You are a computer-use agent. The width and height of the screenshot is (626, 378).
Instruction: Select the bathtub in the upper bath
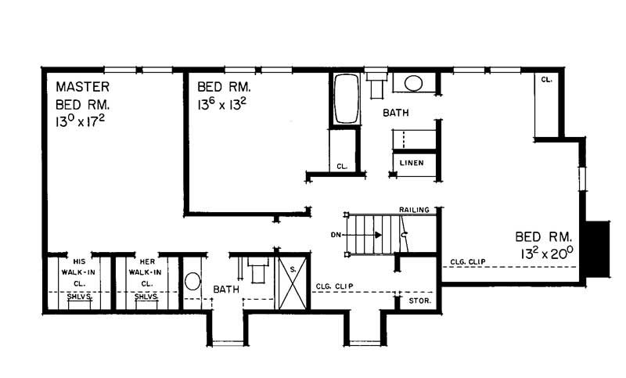(346, 99)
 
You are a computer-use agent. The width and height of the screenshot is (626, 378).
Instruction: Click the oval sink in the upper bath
(412, 83)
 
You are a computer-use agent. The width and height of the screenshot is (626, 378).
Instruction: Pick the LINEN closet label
(412, 163)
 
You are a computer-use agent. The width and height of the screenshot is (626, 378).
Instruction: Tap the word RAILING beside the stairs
(413, 211)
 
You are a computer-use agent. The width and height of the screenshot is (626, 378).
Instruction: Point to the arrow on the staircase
(376, 234)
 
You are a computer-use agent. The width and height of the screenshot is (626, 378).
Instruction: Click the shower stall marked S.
(293, 280)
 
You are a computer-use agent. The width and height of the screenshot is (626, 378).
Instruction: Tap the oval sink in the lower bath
(192, 281)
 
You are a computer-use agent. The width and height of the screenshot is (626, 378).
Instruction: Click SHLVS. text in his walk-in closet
(78, 297)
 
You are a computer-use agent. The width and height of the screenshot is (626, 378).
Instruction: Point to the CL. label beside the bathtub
(342, 166)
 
